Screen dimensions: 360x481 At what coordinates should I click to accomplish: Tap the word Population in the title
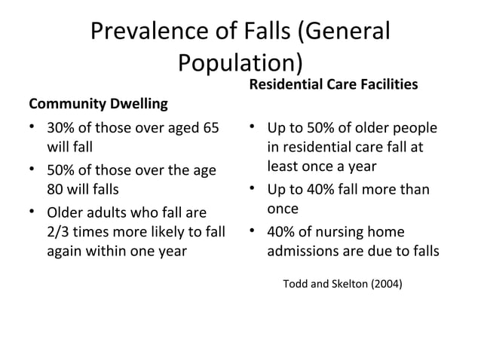click(x=233, y=63)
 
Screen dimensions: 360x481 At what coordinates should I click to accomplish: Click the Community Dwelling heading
click(x=98, y=102)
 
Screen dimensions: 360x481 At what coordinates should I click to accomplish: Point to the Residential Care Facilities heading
click(x=332, y=84)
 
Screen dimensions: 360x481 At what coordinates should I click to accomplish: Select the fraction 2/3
click(x=60, y=231)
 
